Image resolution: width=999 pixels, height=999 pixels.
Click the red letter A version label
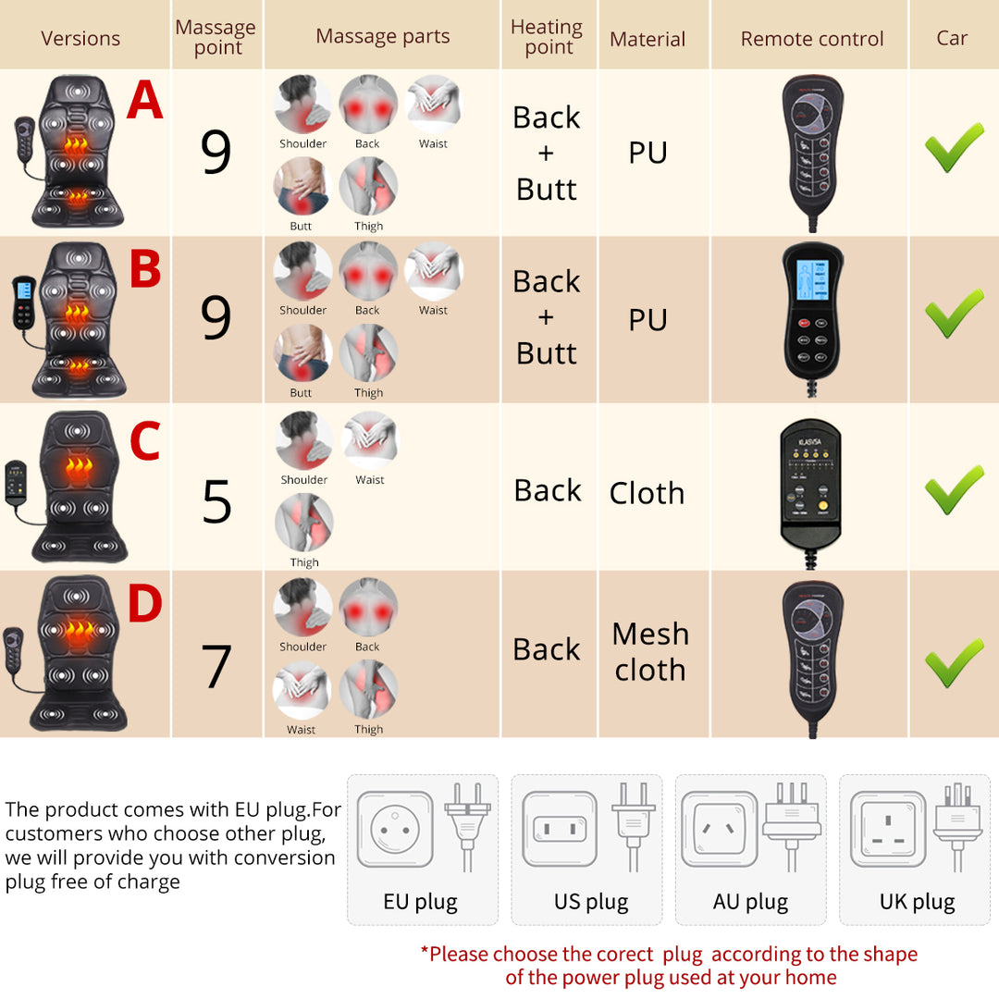(144, 101)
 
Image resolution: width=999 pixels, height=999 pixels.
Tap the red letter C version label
(144, 441)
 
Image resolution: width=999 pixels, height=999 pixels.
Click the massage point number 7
(216, 666)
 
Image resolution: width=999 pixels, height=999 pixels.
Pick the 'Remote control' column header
(811, 39)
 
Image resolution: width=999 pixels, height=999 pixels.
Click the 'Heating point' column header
(547, 37)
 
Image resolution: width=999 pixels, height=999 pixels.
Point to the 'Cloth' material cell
(647, 493)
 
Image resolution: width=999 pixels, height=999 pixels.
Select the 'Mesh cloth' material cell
(650, 651)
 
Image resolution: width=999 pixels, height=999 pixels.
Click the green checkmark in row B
(954, 314)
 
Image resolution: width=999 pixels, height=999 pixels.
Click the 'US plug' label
(591, 902)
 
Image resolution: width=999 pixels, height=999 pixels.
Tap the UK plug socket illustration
(887, 829)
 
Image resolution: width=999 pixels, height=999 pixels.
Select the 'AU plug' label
(750, 902)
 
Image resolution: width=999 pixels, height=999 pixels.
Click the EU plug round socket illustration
(395, 829)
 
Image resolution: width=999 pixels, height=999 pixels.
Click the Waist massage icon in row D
(301, 690)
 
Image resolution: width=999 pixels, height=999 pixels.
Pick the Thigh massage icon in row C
(303, 523)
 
